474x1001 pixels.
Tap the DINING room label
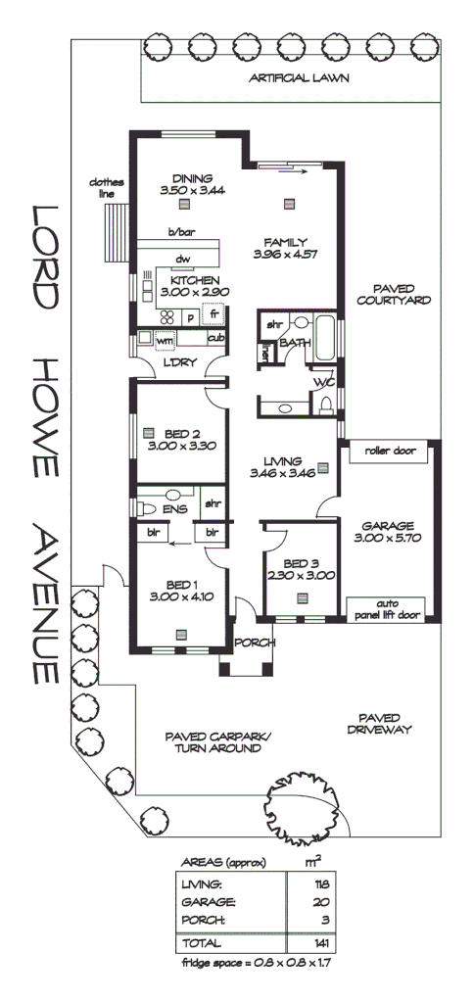click(x=192, y=178)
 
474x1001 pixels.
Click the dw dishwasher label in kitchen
click(x=181, y=259)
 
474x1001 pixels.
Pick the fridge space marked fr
click(x=213, y=315)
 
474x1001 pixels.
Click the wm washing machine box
click(x=164, y=339)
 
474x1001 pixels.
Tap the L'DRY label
click(x=182, y=363)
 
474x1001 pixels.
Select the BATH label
click(x=294, y=343)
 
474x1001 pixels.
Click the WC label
click(x=324, y=382)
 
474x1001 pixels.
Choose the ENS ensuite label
click(x=175, y=510)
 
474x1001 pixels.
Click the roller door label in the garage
click(x=390, y=453)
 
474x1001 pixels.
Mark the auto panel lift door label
click(x=389, y=609)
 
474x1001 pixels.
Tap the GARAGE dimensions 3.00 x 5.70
click(x=388, y=538)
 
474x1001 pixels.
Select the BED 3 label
click(x=301, y=563)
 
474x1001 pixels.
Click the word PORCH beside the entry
click(x=254, y=643)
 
